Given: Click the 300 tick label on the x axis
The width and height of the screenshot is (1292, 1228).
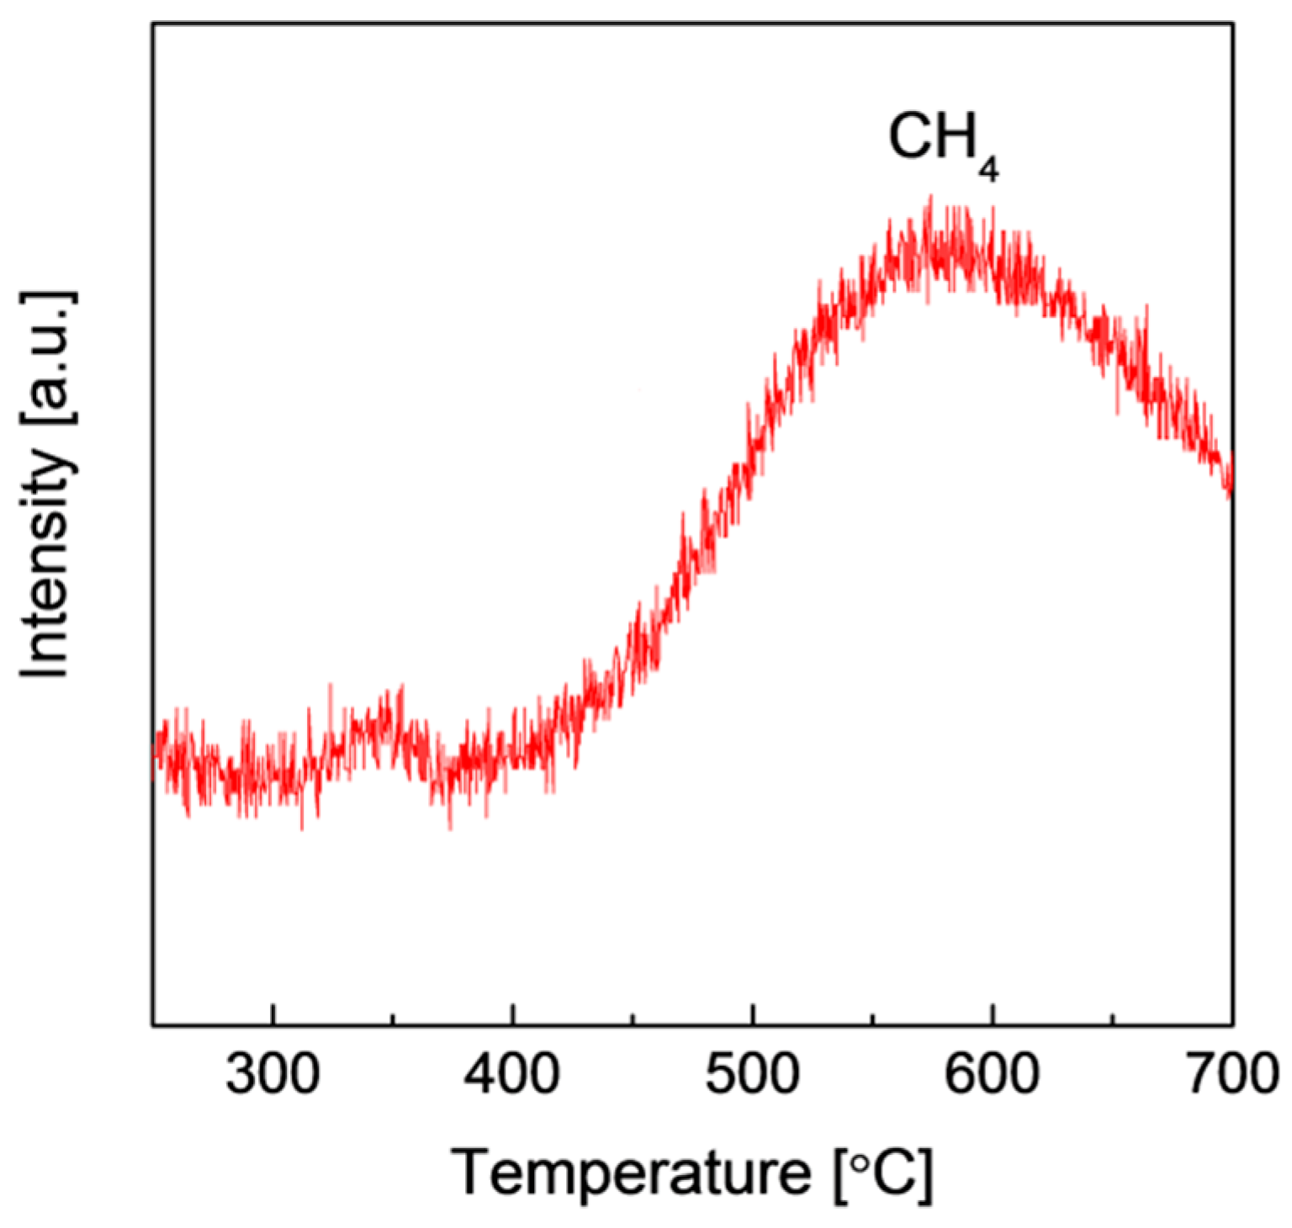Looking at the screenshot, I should pyautogui.click(x=273, y=1075).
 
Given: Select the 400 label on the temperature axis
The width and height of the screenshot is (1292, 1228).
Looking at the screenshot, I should pyautogui.click(x=512, y=1075).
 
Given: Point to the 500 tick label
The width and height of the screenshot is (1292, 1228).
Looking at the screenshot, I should pyautogui.click(x=752, y=1075).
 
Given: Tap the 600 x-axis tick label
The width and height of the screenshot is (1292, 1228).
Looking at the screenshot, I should pyautogui.click(x=993, y=1075).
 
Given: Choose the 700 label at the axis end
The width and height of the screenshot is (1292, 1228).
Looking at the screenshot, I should pyautogui.click(x=1231, y=1075).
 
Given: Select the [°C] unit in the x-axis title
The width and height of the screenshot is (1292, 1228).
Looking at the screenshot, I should pyautogui.click(x=883, y=1173).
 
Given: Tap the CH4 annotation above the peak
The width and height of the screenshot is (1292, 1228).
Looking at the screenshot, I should pyautogui.click(x=942, y=141).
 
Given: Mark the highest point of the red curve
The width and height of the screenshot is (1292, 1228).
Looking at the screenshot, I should pyautogui.click(x=929, y=198).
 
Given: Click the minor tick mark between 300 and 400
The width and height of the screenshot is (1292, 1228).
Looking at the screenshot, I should pyautogui.click(x=393, y=1019).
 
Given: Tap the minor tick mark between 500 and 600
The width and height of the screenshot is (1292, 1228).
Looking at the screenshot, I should pyautogui.click(x=873, y=1019).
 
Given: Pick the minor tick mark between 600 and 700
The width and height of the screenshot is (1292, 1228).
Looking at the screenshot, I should pyautogui.click(x=1113, y=1019).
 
